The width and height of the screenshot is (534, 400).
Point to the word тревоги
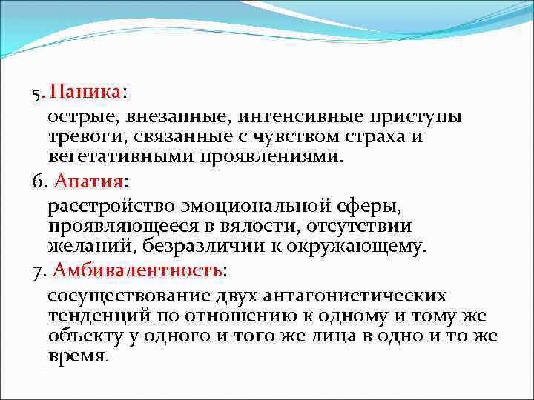pos(79,137)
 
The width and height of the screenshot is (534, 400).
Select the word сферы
pos(377,206)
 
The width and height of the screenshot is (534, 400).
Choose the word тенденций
pos(94,316)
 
